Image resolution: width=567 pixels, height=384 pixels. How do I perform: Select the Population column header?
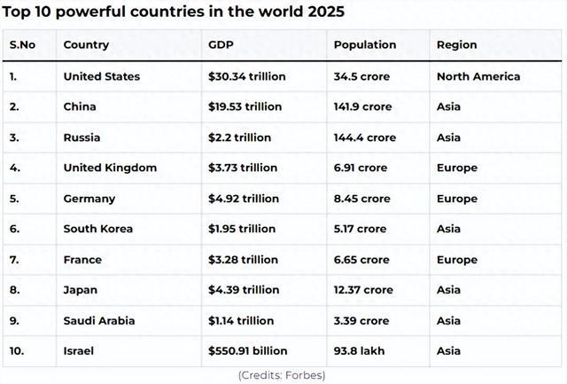tap(365, 45)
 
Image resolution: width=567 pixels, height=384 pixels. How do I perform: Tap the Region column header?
tap(456, 45)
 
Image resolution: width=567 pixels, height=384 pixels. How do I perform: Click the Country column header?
tap(86, 45)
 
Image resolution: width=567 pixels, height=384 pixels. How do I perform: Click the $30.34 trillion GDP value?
tap(247, 76)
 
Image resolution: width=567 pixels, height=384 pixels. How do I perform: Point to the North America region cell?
tap(478, 76)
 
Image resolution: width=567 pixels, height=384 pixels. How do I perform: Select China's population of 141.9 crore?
tap(362, 106)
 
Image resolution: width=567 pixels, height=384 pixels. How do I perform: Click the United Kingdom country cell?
tap(110, 168)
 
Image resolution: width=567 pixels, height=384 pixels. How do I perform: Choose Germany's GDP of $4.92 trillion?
tap(244, 199)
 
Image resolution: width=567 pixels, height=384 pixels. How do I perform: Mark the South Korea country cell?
tap(98, 229)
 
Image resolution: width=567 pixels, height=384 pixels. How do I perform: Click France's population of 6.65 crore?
tap(361, 260)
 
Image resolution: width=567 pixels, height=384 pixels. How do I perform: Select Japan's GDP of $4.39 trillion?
tap(244, 290)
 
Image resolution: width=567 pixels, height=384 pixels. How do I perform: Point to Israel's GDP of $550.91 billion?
tap(247, 351)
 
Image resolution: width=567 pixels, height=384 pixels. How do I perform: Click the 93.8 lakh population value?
tap(359, 351)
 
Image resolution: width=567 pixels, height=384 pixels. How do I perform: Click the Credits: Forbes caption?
tap(282, 375)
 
